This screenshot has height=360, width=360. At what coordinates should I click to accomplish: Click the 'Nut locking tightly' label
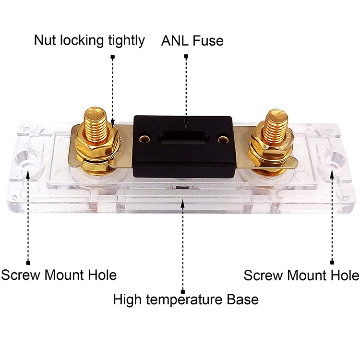point(89,41)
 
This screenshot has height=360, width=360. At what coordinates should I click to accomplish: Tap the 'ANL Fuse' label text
point(192,41)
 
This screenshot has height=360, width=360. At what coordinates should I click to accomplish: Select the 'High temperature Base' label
point(186,300)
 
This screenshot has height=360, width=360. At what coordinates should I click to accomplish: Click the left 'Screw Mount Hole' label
point(59,275)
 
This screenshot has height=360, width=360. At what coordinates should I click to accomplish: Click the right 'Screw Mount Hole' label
point(301,275)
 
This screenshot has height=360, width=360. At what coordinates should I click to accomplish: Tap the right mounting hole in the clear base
point(333,161)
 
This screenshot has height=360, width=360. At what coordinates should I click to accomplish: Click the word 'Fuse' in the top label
point(208,41)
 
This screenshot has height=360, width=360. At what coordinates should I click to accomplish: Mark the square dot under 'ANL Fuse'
point(186,57)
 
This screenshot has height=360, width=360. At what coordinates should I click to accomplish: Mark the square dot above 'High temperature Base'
point(183,289)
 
